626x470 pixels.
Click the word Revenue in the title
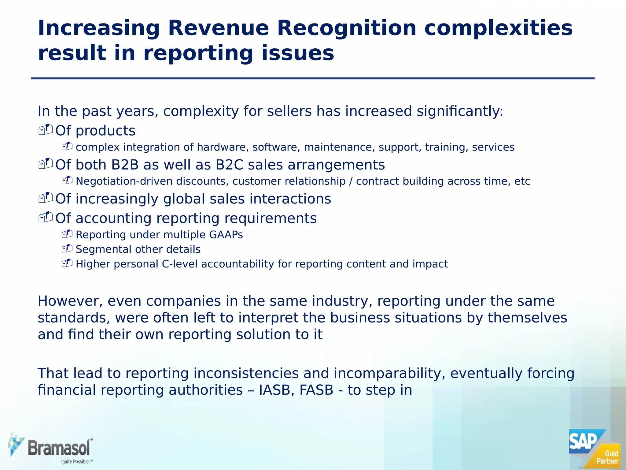[218, 28]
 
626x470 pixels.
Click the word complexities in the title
[498, 28]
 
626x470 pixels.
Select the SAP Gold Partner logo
[594, 448]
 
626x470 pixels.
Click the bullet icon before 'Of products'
[46, 130]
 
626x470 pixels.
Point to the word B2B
[125, 165]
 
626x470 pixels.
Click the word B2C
[229, 165]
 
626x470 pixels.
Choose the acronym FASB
[316, 390]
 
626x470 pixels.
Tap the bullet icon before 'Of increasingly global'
[46, 198]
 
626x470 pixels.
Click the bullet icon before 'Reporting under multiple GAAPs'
[67, 234]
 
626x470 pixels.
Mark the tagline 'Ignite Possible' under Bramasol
[77, 461]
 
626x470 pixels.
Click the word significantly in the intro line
[459, 111]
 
